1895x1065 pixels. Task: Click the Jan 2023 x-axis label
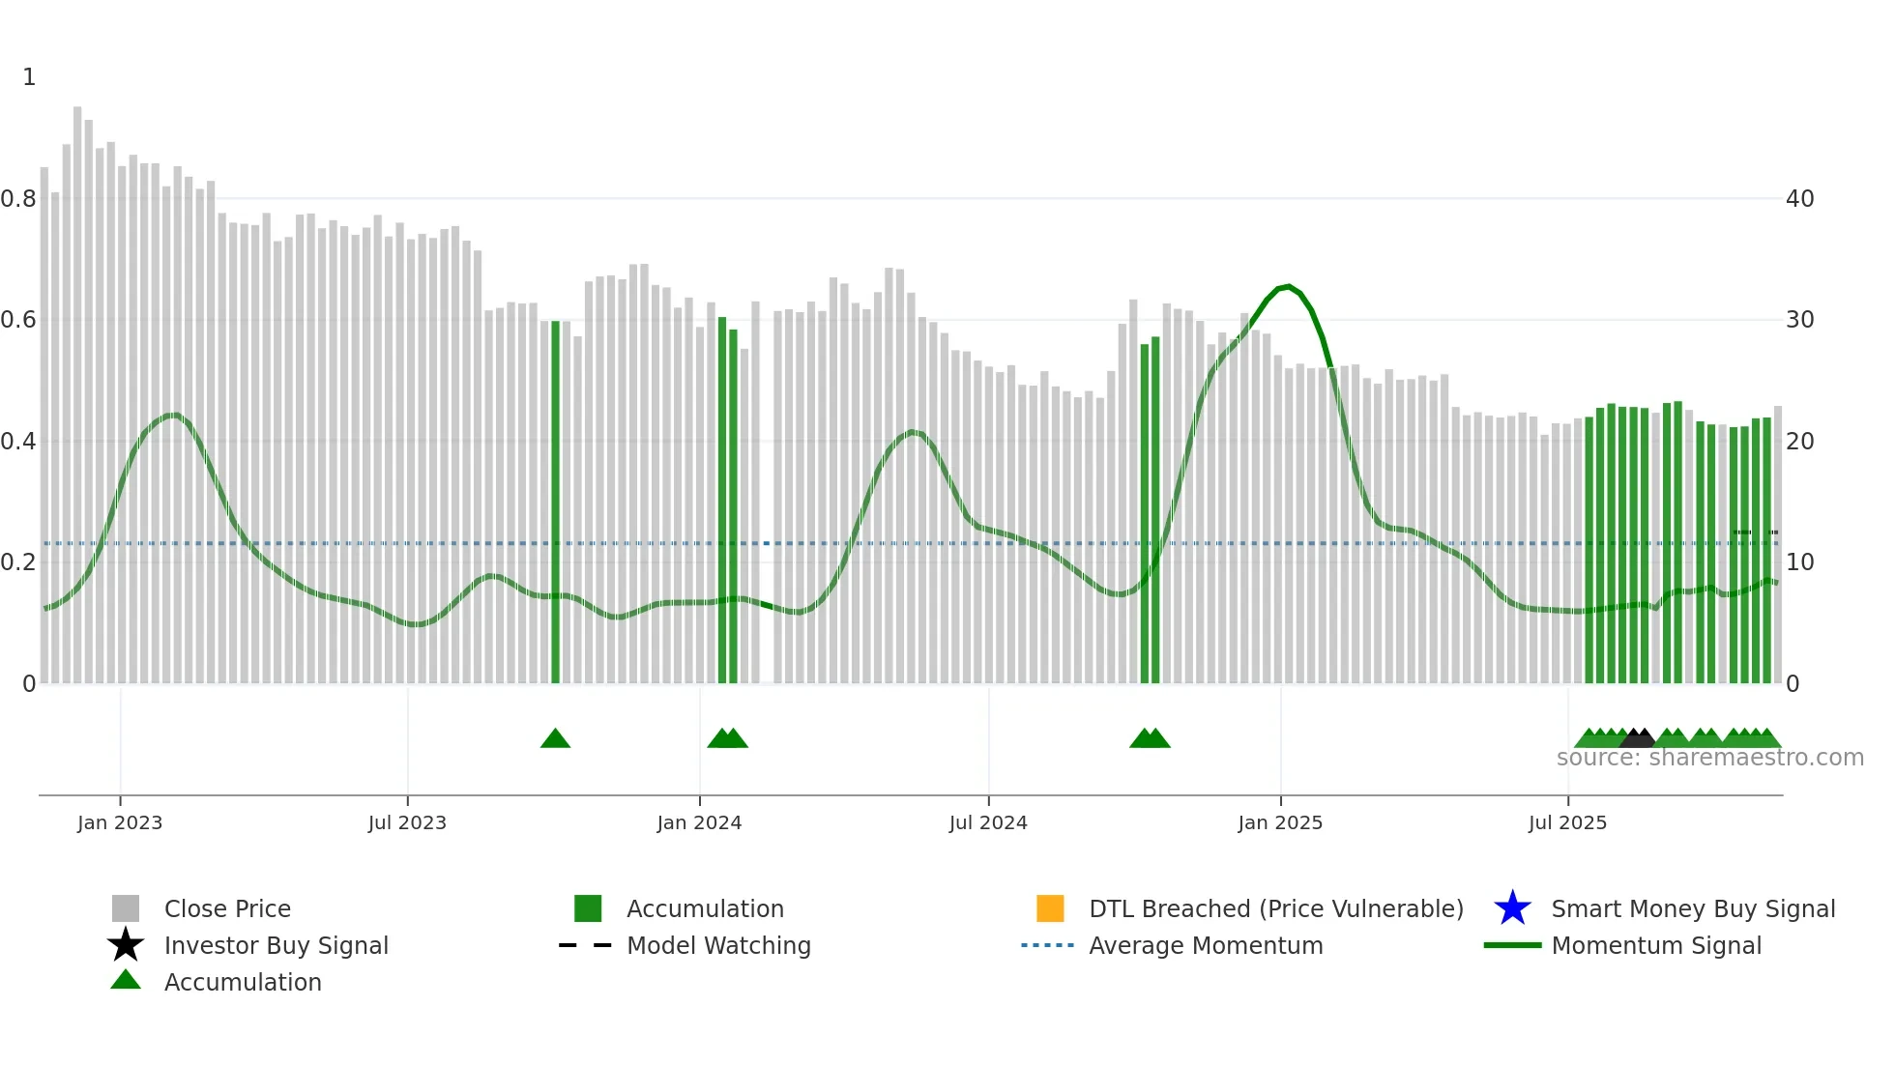[120, 822]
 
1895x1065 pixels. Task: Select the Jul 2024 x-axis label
[988, 822]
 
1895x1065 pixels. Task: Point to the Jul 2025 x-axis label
[1567, 822]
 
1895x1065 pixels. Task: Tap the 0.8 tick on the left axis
[18, 199]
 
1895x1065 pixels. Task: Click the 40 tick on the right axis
[1799, 199]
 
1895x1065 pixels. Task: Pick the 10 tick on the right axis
[1799, 562]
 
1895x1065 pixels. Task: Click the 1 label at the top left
[29, 77]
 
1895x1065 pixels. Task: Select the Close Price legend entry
[226, 908]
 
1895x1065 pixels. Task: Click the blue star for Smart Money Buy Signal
[1512, 908]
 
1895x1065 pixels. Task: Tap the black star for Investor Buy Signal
[126, 945]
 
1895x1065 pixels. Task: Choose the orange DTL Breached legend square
[1050, 908]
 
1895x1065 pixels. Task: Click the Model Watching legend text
[718, 945]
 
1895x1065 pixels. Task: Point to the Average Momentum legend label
[1206, 945]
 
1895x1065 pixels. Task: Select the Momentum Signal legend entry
[1656, 945]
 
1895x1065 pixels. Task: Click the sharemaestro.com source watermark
[1709, 758]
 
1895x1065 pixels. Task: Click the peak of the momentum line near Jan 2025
[1287, 286]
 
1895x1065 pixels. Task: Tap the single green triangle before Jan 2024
[555, 739]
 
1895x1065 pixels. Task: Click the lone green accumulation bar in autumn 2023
[555, 503]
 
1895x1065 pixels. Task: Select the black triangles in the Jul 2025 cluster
[1638, 739]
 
